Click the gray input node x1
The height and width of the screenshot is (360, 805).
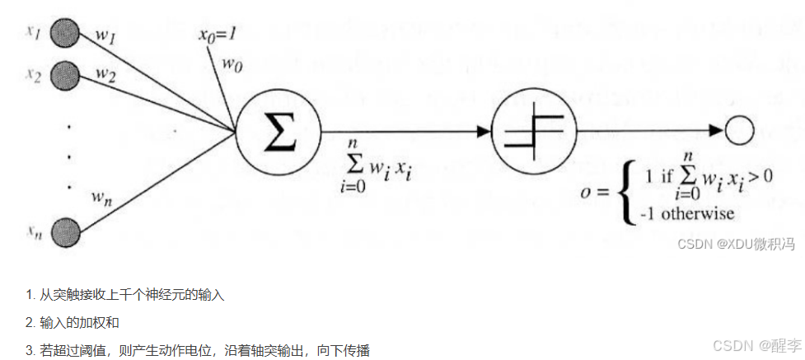(64, 34)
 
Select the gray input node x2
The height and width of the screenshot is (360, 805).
(64, 77)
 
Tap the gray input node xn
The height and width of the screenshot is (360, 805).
(64, 232)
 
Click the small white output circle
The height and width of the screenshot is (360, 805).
(738, 131)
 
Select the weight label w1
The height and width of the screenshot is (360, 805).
(105, 38)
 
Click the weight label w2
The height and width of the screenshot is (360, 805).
(105, 73)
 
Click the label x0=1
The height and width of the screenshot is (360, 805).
(218, 35)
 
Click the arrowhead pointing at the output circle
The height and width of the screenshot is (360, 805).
(715, 131)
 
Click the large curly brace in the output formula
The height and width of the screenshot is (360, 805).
(627, 193)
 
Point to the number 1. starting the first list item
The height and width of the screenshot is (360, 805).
(30, 294)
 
